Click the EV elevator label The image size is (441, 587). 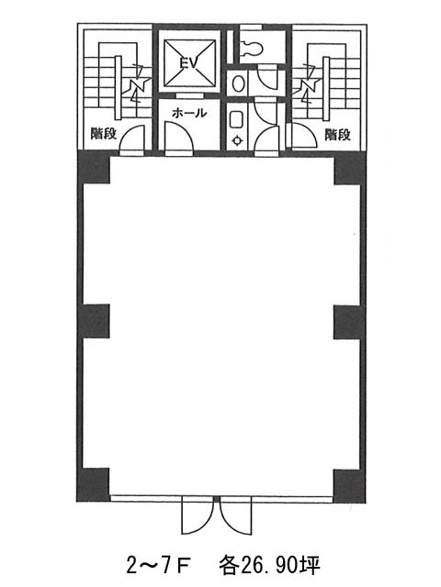click(188, 62)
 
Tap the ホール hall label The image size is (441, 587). click(188, 113)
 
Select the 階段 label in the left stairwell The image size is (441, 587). click(104, 133)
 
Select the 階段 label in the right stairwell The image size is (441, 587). click(337, 135)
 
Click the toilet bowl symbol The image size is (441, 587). click(251, 47)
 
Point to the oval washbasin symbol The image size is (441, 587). click(239, 83)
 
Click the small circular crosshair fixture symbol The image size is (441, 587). click(238, 140)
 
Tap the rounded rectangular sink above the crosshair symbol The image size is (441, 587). click(237, 119)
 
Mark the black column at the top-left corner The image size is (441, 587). click(94, 167)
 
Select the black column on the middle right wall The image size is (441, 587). click(349, 322)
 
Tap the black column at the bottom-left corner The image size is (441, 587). click(93, 485)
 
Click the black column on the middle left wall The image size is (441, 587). click(94, 321)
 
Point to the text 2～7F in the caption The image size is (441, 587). click(159, 565)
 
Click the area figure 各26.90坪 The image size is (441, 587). click(269, 565)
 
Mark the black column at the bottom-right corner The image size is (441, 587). click(349, 486)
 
